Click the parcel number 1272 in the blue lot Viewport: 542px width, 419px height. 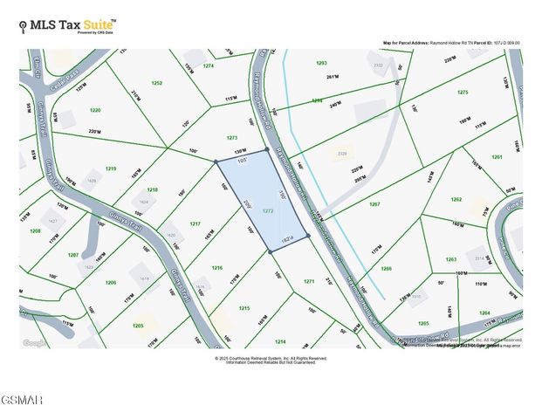(268, 211)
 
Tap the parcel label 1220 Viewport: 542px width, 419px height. (95, 111)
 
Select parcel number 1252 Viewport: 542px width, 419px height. (157, 83)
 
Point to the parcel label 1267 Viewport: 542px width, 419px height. (374, 203)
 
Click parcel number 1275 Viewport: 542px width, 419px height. (463, 92)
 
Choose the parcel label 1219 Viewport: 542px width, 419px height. (111, 168)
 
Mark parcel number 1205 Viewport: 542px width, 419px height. (138, 326)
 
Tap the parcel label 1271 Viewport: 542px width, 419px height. (308, 281)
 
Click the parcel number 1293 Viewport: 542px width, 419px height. (321, 63)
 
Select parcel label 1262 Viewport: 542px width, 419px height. (456, 199)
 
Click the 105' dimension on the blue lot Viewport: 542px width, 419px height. (243, 160)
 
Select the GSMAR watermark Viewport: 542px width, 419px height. (23, 400)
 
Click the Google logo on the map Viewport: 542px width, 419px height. (36, 343)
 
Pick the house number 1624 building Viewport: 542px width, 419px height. (144, 203)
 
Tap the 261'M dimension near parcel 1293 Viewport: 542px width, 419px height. (331, 77)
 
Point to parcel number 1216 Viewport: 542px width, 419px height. (217, 268)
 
